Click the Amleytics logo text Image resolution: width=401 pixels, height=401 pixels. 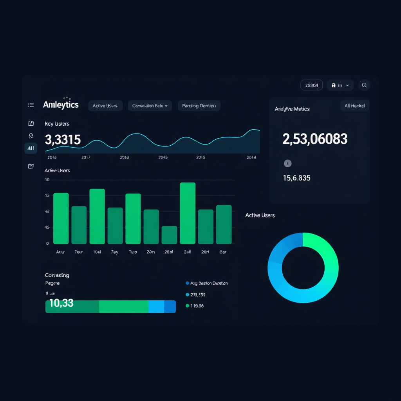coord(61,105)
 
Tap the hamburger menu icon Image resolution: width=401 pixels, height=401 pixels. coord(31,105)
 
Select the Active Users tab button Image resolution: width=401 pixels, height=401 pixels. coord(105,106)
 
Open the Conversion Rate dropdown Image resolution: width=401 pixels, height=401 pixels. coord(150,106)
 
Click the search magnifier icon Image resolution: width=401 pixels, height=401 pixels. coord(364,85)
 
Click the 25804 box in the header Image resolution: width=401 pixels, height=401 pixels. coord(311,85)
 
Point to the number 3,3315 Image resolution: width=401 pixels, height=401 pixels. coord(63,139)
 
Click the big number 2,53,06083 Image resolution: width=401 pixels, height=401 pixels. coord(315,139)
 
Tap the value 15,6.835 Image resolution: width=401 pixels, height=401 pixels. coord(296,178)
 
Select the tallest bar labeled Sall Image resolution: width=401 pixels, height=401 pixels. coord(188,213)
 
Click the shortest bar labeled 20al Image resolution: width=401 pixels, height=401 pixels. coord(169,235)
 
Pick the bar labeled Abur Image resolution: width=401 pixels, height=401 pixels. coord(61,219)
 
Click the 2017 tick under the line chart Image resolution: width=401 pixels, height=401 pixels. coord(86,157)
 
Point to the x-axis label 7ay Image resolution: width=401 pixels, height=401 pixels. coord(115,252)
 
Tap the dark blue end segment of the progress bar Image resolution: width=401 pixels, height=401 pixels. coord(170,307)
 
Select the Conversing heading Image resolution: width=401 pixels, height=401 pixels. coord(57,275)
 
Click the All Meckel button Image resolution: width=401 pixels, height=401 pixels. coord(354,106)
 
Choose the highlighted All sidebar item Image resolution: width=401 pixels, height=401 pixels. coord(31,148)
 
